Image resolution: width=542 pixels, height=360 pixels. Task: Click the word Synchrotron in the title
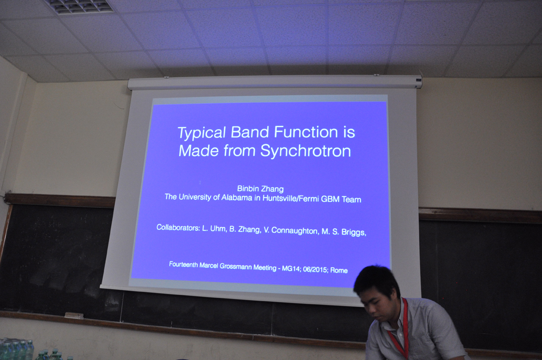click(306, 151)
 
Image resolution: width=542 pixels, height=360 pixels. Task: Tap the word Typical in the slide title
click(202, 133)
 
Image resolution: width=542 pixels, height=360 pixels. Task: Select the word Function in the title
click(306, 132)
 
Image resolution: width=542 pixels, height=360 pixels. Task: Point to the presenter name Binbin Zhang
click(260, 189)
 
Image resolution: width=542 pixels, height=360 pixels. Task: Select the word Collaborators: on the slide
click(178, 228)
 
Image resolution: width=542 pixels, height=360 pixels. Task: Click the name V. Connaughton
click(291, 230)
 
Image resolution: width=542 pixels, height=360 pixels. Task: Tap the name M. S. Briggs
click(344, 232)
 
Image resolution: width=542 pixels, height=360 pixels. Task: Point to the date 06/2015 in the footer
click(315, 269)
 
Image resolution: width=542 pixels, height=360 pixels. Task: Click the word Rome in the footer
click(339, 270)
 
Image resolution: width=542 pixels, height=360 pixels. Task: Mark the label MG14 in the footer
click(291, 268)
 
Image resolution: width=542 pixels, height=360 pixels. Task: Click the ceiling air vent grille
click(80, 6)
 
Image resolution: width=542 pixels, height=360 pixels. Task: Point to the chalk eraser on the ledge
click(74, 315)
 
